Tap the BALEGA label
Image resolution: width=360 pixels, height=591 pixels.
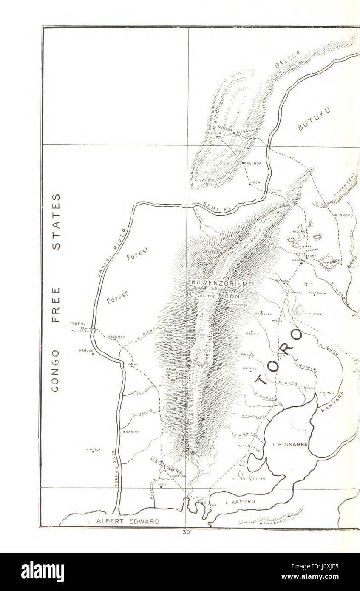[x=287, y=60]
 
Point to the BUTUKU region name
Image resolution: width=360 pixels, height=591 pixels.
[x=314, y=119]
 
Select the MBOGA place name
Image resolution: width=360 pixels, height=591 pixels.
[x=225, y=128]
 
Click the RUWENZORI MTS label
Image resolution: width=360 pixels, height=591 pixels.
[x=216, y=282]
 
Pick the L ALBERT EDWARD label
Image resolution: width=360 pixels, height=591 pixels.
[x=123, y=521]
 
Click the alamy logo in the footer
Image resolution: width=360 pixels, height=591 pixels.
[x=43, y=572]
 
